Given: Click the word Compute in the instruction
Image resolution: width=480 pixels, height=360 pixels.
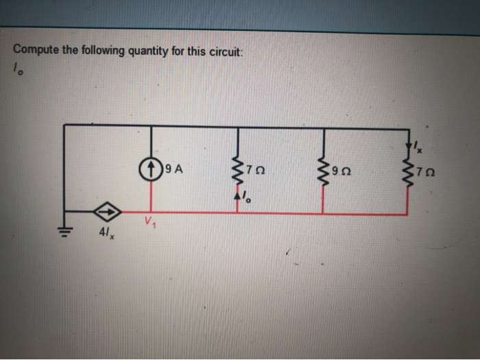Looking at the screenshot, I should click(34, 50).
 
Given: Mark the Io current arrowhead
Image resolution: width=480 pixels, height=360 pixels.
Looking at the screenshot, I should click(237, 196).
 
